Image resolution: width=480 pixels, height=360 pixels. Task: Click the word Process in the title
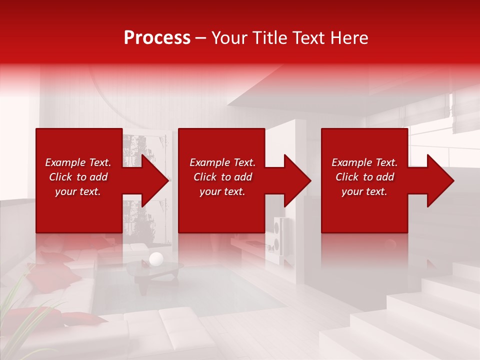click(157, 38)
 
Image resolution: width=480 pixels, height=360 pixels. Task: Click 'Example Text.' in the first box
click(78, 162)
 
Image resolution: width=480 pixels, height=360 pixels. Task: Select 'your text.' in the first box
click(78, 191)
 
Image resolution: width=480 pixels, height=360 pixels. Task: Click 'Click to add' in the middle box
click(222, 177)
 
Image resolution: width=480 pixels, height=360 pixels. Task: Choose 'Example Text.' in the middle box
click(222, 162)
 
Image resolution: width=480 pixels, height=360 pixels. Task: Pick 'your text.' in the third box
click(364, 191)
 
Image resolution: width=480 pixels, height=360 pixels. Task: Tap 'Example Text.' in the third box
click(364, 162)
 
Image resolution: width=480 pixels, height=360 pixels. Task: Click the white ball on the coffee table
click(156, 258)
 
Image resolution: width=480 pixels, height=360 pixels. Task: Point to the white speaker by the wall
click(278, 235)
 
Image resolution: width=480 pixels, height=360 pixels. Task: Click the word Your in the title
click(229, 38)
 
